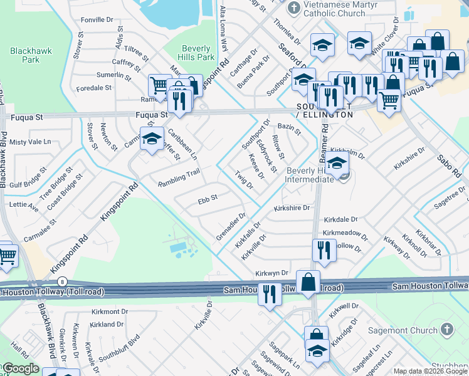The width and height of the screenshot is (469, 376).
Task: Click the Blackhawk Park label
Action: click(x=25, y=55)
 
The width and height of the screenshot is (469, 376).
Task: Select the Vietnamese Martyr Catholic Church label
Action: click(x=334, y=9)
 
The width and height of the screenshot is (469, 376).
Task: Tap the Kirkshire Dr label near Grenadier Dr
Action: click(x=292, y=207)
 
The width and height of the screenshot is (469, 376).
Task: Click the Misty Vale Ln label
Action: click(x=30, y=142)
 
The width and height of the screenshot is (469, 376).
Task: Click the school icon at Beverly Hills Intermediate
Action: click(x=337, y=165)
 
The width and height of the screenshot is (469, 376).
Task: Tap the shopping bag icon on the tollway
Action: click(x=308, y=283)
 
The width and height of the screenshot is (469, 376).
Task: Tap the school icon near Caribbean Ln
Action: click(x=151, y=140)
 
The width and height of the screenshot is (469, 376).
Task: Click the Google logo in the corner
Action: click(x=21, y=368)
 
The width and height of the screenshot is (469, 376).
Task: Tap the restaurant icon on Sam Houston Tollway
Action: click(x=270, y=293)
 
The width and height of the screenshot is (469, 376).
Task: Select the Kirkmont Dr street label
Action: click(x=109, y=311)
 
